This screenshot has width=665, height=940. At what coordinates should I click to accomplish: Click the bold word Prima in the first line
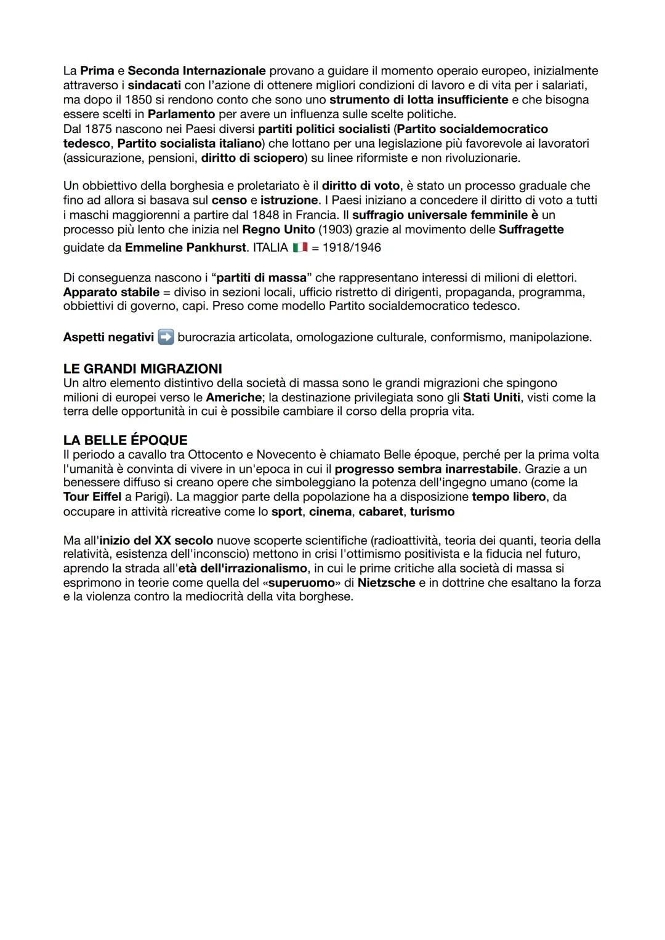[97, 71]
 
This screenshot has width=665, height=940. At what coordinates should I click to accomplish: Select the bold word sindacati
[154, 85]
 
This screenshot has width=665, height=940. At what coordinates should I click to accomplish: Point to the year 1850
[139, 100]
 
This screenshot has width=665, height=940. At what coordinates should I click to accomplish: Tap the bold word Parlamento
[181, 114]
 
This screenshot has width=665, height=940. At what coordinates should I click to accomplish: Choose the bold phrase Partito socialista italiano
[190, 143]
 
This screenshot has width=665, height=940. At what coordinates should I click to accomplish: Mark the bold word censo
[229, 200]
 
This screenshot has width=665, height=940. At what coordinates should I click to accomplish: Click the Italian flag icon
[300, 247]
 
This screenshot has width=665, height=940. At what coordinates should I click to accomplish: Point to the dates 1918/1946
[352, 247]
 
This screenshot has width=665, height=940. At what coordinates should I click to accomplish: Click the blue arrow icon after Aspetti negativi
[166, 337]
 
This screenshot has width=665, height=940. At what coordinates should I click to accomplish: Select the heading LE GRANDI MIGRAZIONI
[142, 369]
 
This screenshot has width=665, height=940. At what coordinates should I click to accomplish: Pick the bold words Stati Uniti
[491, 398]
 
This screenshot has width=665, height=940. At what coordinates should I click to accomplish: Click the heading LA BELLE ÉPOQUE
[125, 440]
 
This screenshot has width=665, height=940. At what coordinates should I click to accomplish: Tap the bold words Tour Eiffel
[92, 497]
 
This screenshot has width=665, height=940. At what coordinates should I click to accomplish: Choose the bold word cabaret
[381, 512]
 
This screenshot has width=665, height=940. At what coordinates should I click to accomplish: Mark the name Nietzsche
[386, 582]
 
